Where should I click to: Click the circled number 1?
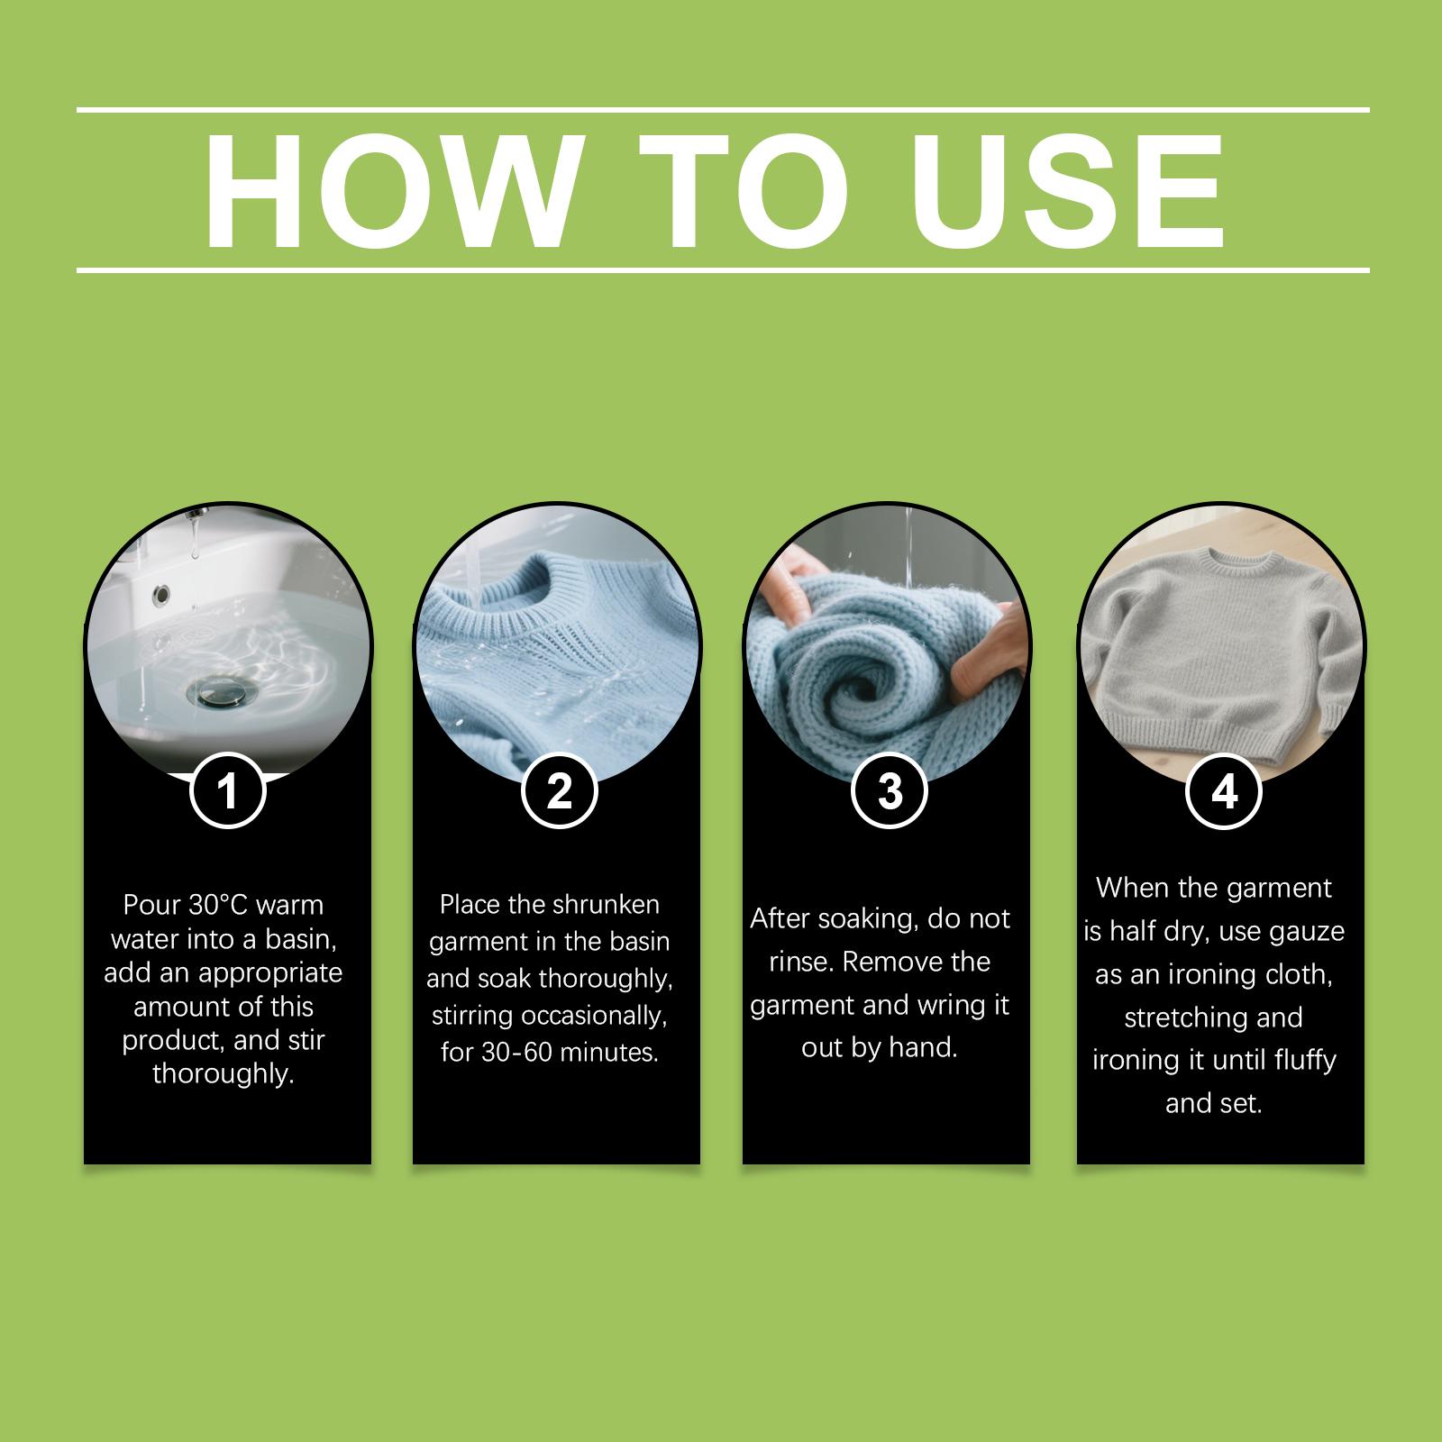(228, 791)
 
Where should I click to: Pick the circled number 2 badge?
(560, 791)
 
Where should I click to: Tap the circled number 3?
(890, 791)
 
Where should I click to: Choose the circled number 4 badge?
(1224, 791)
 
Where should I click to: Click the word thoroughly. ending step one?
(224, 1074)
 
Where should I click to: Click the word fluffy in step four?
(1298, 1061)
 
